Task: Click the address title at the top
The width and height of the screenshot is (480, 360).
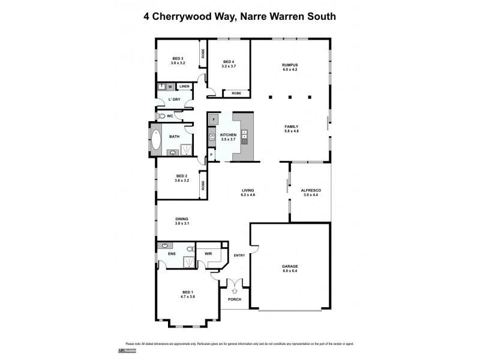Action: (x=239, y=16)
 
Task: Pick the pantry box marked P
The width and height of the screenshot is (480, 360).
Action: (x=211, y=156)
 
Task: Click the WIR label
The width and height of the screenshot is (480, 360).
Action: (x=209, y=254)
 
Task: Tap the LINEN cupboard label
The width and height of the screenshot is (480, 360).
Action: (x=184, y=86)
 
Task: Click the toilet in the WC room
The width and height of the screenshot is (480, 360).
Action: (x=160, y=115)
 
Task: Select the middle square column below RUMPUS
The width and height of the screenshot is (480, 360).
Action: (x=290, y=96)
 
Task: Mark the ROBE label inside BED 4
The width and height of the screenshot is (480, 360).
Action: (x=236, y=93)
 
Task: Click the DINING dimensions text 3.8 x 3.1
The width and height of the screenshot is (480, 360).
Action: (x=182, y=224)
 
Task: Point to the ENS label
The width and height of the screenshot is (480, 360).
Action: (x=171, y=254)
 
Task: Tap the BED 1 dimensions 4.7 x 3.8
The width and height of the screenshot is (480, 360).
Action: (x=187, y=296)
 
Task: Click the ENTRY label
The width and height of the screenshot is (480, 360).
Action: (x=239, y=256)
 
